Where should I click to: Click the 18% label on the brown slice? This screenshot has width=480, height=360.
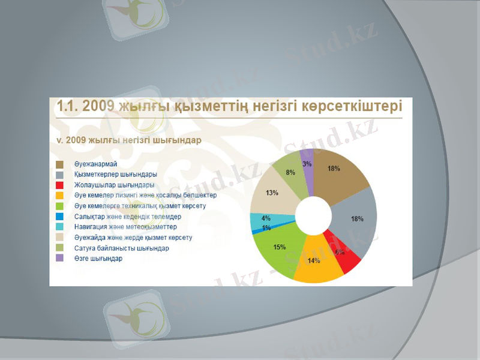pyautogui.click(x=334, y=169)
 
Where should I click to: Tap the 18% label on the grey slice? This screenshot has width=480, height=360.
pyautogui.click(x=357, y=219)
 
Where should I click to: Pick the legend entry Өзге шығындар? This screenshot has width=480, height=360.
pyautogui.click(x=98, y=259)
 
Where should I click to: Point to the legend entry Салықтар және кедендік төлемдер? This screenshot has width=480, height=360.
pyautogui.click(x=127, y=217)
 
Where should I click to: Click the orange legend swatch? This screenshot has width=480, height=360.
pyautogui.click(x=60, y=196)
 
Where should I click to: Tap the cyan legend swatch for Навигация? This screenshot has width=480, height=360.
pyautogui.click(x=60, y=227)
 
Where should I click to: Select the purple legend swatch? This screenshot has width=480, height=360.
pyautogui.click(x=60, y=259)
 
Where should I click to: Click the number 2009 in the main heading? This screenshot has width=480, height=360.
pyautogui.click(x=97, y=106)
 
